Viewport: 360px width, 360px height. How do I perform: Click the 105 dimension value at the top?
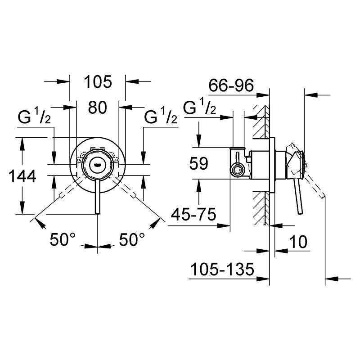pos(98,82)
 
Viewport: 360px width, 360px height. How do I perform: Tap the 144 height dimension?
pos(22,177)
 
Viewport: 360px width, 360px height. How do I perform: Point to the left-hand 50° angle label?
pos(61,239)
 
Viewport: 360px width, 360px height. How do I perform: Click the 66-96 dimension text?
pos(232,85)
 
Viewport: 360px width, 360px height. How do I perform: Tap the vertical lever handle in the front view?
pos(98,193)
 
